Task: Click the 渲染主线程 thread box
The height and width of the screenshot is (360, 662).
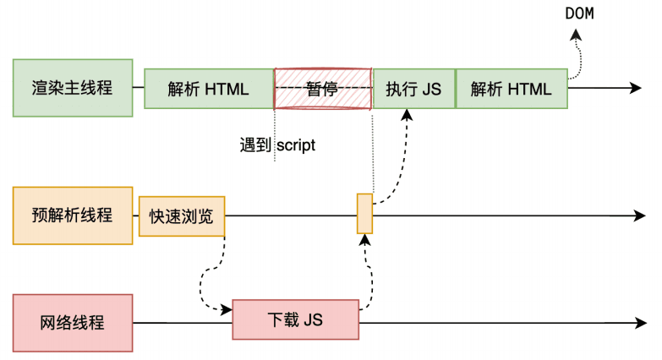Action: pos(73,88)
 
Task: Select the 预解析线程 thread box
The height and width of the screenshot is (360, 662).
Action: pos(73,215)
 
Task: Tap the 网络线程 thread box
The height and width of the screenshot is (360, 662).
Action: pos(73,323)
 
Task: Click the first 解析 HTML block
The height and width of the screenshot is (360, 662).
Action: pos(208,89)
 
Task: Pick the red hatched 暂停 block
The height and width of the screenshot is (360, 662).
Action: pos(323,89)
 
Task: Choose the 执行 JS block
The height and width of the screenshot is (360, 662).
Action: pos(413,89)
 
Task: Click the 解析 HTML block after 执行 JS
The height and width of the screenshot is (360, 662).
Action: pos(512,89)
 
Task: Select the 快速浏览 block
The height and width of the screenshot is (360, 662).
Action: pos(182,216)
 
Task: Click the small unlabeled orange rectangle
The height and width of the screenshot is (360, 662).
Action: pos(364,213)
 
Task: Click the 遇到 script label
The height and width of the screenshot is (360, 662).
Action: pos(277,145)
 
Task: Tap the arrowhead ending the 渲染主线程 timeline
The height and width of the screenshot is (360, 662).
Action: pos(637,89)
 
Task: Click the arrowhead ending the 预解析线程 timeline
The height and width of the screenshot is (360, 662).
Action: pos(637,216)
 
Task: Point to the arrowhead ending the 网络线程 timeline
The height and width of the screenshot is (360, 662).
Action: pos(637,323)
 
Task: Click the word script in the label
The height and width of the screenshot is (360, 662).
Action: pos(296,145)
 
